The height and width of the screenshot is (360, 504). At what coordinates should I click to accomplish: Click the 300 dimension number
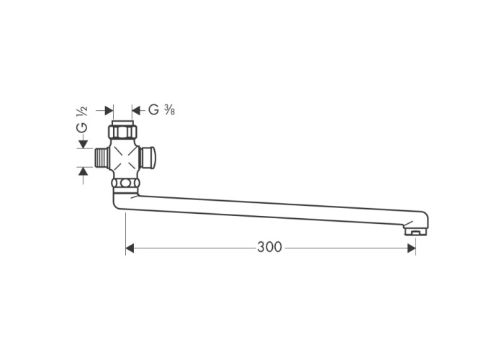coord(269,247)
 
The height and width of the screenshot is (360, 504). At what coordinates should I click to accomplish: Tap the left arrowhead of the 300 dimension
coord(130,248)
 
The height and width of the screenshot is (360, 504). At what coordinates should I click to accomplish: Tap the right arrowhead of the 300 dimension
coord(411,248)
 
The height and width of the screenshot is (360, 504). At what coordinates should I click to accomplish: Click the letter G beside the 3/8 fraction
coord(153,110)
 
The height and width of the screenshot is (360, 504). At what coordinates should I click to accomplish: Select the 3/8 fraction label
coord(169,110)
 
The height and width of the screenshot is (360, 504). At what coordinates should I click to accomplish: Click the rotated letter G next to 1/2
coord(81,127)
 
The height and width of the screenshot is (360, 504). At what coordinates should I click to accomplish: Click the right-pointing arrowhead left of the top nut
coord(109,111)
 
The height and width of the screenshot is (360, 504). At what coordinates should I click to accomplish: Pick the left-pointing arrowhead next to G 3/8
coord(136,111)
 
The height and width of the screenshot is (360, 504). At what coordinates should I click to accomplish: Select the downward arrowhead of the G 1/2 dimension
coord(84,144)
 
